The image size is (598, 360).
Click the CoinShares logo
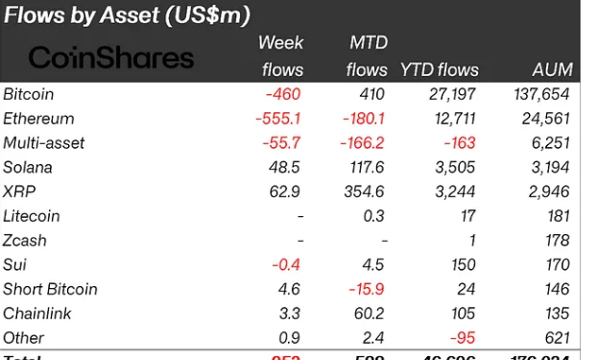pyautogui.click(x=111, y=58)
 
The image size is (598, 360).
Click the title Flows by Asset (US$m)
pyautogui.click(x=127, y=14)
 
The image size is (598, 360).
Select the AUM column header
pyautogui.click(x=552, y=69)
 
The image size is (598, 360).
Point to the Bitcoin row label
pyautogui.click(x=29, y=94)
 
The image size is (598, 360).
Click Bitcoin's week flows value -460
pyautogui.click(x=284, y=94)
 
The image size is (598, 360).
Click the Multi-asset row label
pyautogui.click(x=44, y=143)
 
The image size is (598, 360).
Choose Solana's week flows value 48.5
pyautogui.click(x=286, y=167)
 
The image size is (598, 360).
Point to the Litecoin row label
pyautogui.click(x=32, y=216)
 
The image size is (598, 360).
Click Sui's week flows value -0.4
pyautogui.click(x=288, y=265)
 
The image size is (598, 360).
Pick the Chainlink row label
pyautogui.click(x=36, y=313)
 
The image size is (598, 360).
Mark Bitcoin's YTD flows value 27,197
pyautogui.click(x=448, y=94)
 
